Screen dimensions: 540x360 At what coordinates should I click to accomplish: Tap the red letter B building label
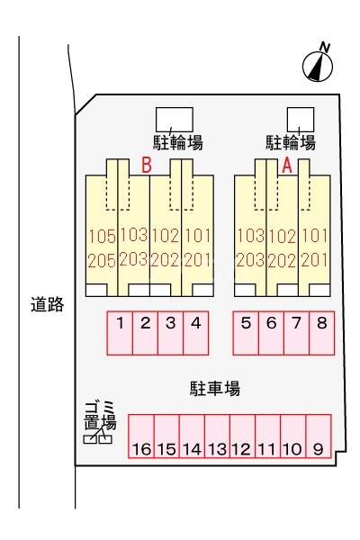click(146, 166)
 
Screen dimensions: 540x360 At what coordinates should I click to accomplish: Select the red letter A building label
click(288, 166)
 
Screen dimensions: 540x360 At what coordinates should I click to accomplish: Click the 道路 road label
click(47, 305)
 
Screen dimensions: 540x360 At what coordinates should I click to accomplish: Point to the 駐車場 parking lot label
click(214, 388)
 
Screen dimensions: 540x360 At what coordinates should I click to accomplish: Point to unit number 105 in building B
click(102, 238)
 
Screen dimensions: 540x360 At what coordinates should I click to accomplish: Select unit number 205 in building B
click(102, 260)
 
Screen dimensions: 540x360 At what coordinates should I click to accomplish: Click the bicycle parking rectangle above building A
click(300, 119)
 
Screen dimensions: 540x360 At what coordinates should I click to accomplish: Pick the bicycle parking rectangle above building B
click(174, 119)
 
